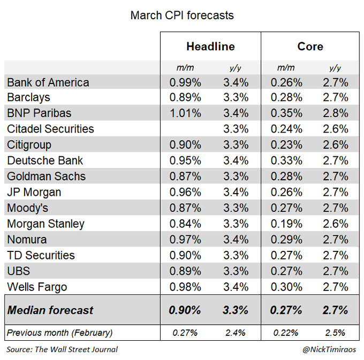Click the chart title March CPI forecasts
pyautogui.click(x=182, y=15)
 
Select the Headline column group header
pyautogui.click(x=210, y=47)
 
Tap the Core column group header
pyautogui.click(x=310, y=47)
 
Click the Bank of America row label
pyautogui.click(x=48, y=82)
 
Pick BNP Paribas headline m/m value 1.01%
pyautogui.click(x=185, y=113)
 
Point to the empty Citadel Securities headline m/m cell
pyautogui.click(x=185, y=129)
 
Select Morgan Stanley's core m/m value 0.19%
pyautogui.click(x=286, y=224)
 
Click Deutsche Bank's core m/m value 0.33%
pyautogui.click(x=286, y=160)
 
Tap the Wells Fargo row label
pyautogui.click(x=37, y=287)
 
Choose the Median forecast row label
pyautogui.click(x=50, y=310)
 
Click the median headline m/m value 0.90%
pyautogui.click(x=185, y=310)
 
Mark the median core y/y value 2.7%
pyautogui.click(x=335, y=310)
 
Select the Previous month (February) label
pyautogui.click(x=59, y=333)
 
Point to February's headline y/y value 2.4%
pyautogui.click(x=235, y=333)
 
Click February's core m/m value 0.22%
pyautogui.click(x=286, y=333)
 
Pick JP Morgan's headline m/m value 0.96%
pyautogui.click(x=185, y=192)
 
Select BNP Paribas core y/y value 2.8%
pyautogui.click(x=335, y=113)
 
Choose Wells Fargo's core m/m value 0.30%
pyautogui.click(x=286, y=287)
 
